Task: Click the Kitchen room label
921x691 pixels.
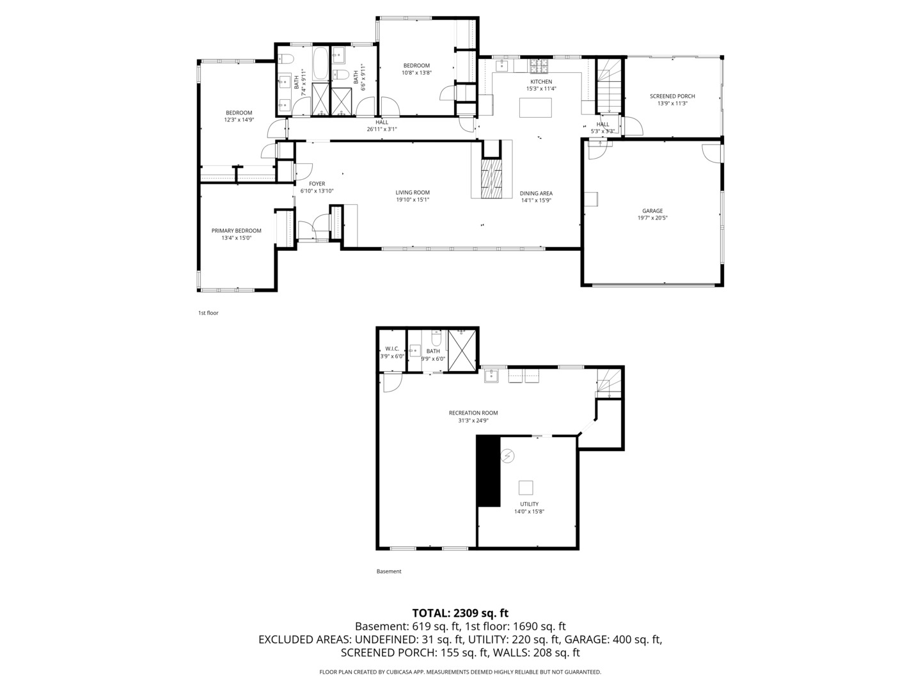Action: tap(541, 82)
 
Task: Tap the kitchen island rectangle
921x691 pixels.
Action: tap(535, 108)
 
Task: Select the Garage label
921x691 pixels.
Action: tap(652, 211)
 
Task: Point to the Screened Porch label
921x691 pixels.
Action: tap(672, 96)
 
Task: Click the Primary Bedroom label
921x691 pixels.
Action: tap(236, 231)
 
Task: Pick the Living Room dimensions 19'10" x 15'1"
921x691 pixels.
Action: tap(413, 200)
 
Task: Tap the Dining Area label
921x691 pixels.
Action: tap(536, 193)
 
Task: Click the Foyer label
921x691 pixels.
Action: tap(317, 184)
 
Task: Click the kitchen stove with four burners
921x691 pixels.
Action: tap(539, 67)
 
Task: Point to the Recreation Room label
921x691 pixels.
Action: tap(473, 413)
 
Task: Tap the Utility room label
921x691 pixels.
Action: tap(529, 504)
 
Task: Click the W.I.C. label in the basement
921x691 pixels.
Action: tap(392, 349)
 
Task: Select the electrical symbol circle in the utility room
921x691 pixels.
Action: tap(508, 455)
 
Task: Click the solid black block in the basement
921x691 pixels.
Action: tap(489, 471)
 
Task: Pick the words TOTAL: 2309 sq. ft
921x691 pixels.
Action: tap(460, 613)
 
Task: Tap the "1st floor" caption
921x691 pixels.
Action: tap(208, 313)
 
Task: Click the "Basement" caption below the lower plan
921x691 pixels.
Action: tap(389, 571)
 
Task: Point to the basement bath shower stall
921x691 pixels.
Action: tap(462, 351)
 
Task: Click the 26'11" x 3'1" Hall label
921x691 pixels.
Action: tap(382, 129)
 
